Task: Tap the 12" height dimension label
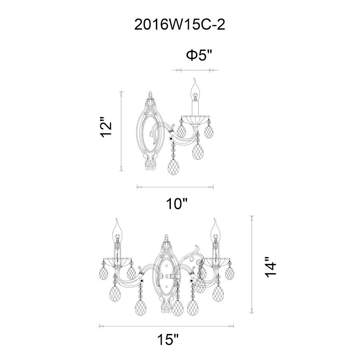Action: (x=105, y=128)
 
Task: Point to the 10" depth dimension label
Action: (x=177, y=204)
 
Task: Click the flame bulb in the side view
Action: (x=195, y=90)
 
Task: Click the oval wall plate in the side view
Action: (x=150, y=134)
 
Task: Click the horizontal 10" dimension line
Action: (x=175, y=186)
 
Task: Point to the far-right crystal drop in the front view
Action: (x=230, y=272)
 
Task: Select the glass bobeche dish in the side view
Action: (x=195, y=119)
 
